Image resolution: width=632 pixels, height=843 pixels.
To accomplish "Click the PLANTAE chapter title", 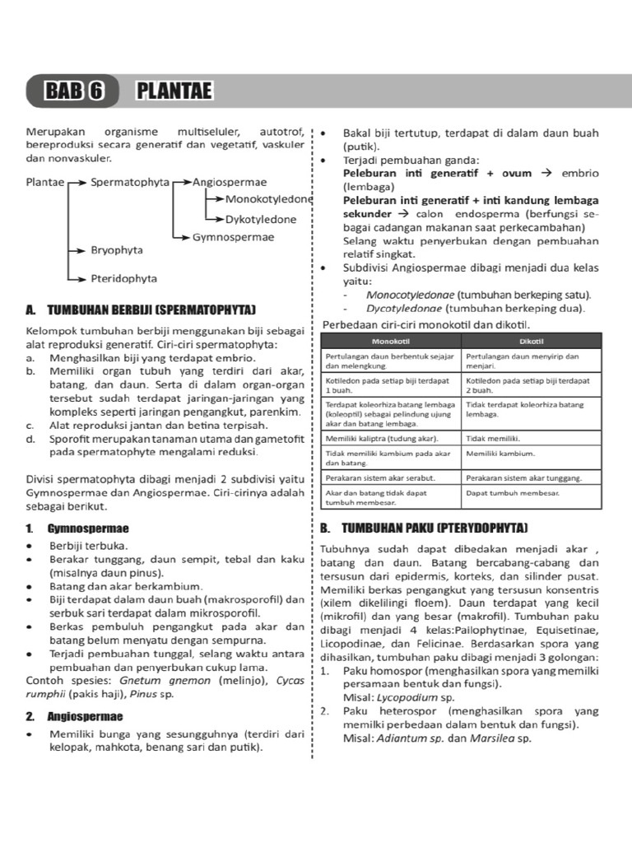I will click(x=173, y=91).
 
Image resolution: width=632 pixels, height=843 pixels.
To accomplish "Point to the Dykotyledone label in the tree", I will click(x=261, y=220).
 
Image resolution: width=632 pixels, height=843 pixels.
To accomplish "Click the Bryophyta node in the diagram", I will click(x=117, y=249).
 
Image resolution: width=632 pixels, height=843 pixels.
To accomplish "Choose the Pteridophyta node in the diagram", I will click(x=123, y=278).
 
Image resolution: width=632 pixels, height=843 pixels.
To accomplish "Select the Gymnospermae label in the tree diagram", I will click(x=233, y=238).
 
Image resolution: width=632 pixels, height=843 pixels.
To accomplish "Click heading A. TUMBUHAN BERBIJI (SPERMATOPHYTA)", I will click(x=141, y=310).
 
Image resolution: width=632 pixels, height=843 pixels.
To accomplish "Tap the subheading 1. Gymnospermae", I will click(x=77, y=528).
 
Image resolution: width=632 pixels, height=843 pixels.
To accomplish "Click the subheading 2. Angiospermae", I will click(x=74, y=716).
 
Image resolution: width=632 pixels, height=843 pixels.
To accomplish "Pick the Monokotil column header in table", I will click(x=391, y=340).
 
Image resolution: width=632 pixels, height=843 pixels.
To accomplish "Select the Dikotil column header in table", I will click(x=531, y=340).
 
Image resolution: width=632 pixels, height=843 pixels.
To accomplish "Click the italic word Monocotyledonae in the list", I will click(x=398, y=294).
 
